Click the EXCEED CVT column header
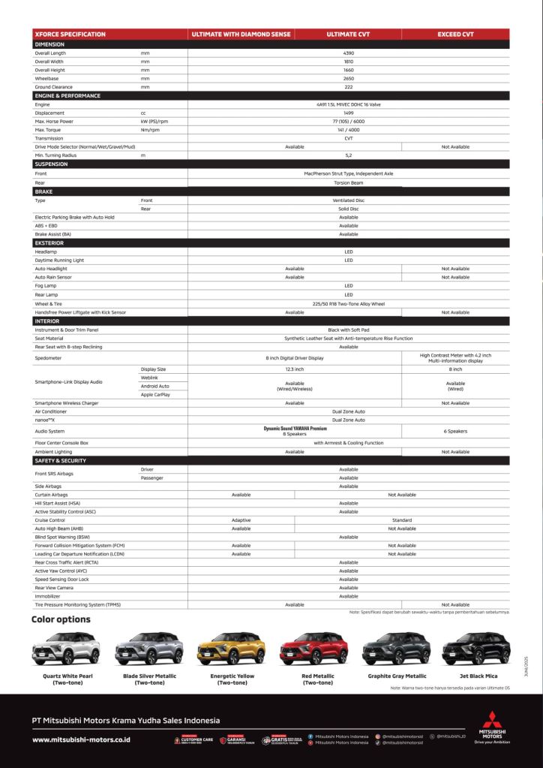coord(455,34)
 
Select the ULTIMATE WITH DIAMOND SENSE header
coord(241,34)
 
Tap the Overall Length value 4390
coord(348,53)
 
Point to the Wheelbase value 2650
coord(348,78)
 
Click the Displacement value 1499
coord(348,113)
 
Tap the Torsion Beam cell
coord(348,182)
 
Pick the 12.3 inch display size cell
coord(294,369)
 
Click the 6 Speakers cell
coord(455,431)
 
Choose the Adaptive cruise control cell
coord(241,520)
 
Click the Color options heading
coord(61,619)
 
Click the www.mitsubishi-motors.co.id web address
coord(81,739)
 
